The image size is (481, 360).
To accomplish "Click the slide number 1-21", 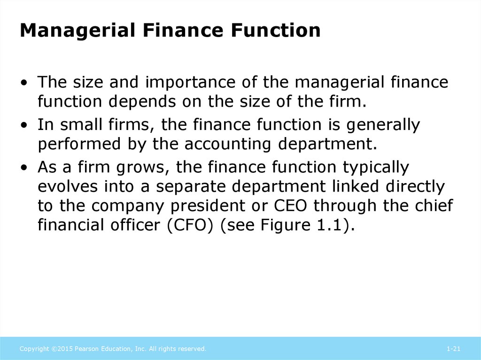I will click(453, 349).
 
